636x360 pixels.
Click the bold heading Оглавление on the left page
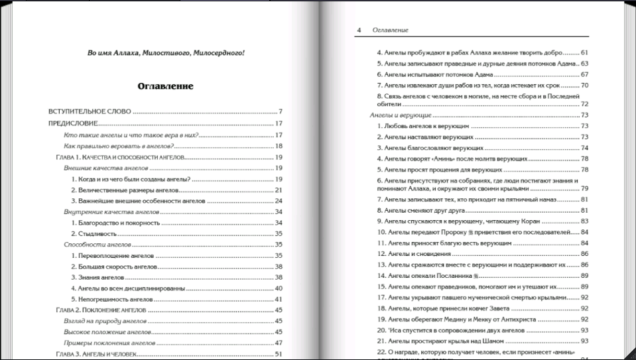(x=165, y=86)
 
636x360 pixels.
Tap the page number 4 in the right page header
(x=359, y=30)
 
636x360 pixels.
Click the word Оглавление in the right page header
(x=390, y=30)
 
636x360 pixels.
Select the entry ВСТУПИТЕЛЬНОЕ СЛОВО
(x=90, y=111)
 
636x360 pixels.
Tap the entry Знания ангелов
(x=101, y=276)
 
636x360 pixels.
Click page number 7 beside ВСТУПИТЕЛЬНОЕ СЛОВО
(x=281, y=111)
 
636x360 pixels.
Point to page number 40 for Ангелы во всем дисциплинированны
(x=279, y=288)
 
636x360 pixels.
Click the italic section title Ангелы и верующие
(x=397, y=115)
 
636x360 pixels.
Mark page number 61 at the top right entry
(x=584, y=52)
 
